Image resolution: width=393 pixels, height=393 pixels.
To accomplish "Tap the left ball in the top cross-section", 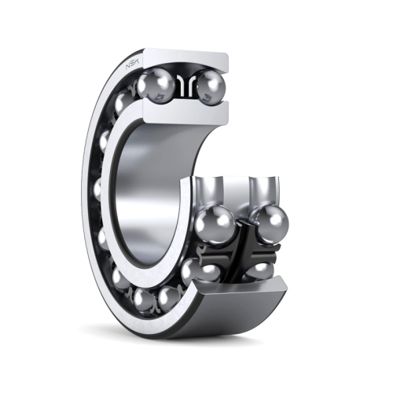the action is coord(156,84).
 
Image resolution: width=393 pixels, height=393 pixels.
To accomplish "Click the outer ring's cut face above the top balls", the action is coord(186,58).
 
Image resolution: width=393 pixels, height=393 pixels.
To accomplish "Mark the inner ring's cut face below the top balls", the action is coord(186,112).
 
